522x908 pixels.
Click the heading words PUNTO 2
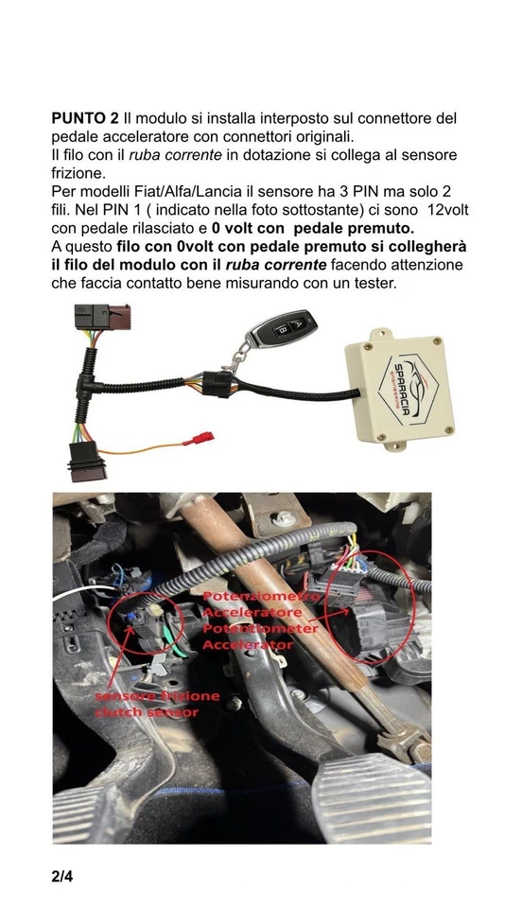85,118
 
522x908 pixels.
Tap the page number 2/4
61,876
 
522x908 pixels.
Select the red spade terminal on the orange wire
199,438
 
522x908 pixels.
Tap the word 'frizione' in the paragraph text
76,173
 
